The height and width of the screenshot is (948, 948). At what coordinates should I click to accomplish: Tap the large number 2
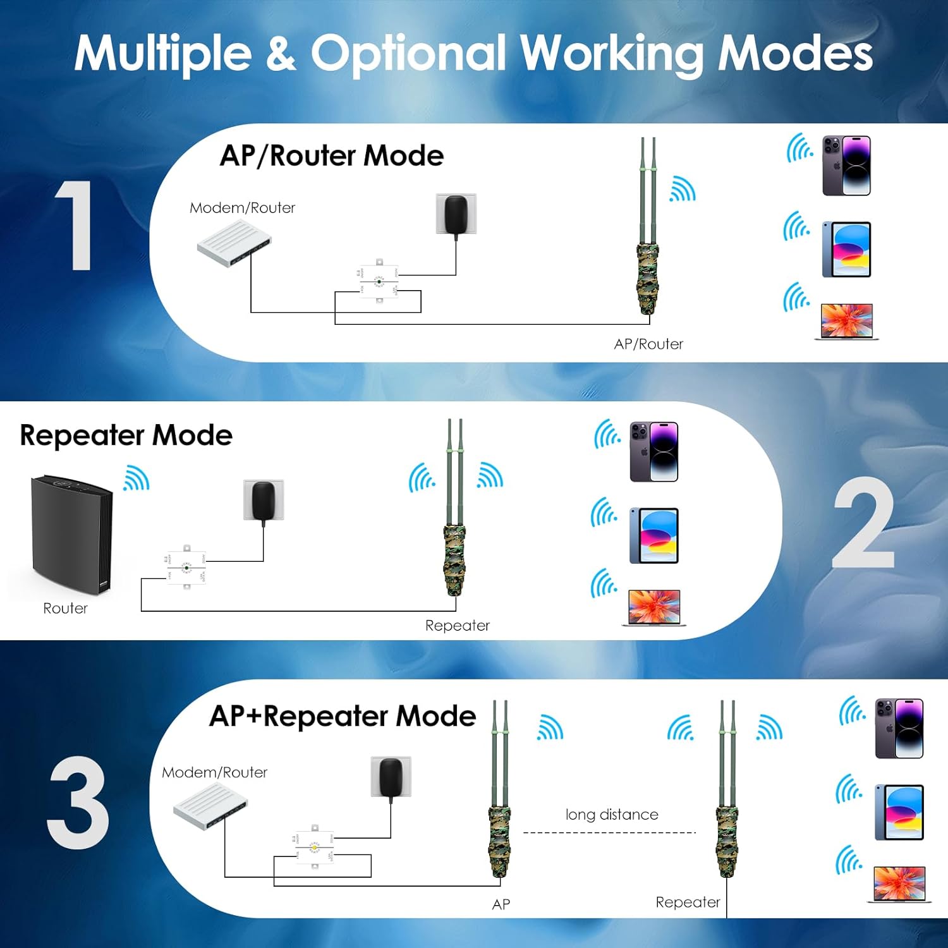[864, 523]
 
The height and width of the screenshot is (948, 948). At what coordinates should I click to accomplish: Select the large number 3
[78, 803]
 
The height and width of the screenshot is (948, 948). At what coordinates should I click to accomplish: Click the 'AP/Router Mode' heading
[332, 155]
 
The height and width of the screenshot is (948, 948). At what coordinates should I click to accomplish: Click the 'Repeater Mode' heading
[126, 435]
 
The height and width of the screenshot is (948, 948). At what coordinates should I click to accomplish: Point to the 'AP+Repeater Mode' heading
[343, 716]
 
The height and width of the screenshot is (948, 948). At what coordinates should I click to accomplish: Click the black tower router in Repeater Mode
[71, 534]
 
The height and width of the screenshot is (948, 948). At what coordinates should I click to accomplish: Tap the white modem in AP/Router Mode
[234, 243]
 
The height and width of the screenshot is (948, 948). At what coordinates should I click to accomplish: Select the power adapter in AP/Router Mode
[456, 214]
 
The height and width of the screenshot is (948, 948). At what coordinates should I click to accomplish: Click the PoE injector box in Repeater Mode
[186, 567]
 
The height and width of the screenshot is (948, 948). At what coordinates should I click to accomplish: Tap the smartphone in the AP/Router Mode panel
[846, 166]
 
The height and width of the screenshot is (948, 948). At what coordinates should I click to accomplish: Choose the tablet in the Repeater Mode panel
[654, 535]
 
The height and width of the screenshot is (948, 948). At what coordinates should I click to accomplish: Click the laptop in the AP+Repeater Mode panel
[899, 884]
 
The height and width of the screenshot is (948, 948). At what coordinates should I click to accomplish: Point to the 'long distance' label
[612, 815]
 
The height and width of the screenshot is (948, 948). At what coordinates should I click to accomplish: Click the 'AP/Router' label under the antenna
[648, 344]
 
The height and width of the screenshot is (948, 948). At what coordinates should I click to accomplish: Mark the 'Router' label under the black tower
[65, 609]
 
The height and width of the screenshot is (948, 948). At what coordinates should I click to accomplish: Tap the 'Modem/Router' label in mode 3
[215, 772]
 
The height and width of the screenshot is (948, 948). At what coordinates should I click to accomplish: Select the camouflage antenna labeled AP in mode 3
[499, 815]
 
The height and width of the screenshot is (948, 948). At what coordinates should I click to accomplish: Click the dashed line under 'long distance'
[609, 833]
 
